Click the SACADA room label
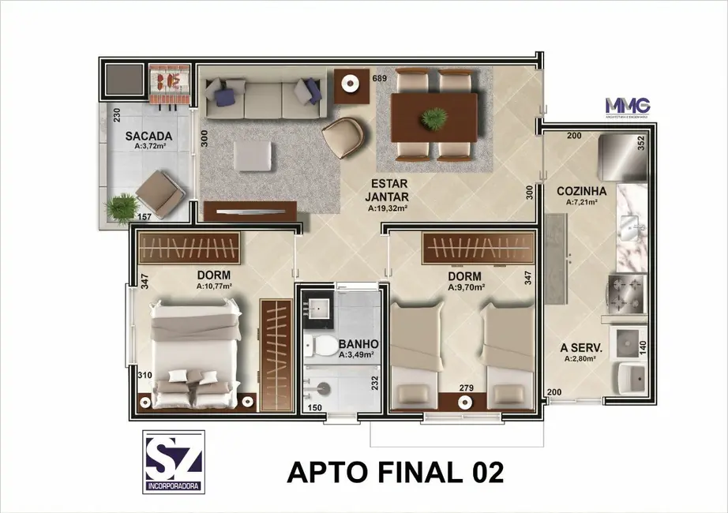[148, 136]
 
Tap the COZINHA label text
[581, 191]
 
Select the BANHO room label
[358, 344]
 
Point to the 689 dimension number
[379, 78]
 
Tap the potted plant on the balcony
[121, 208]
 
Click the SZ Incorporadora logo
[174, 462]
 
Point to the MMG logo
[627, 106]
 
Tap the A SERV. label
[581, 347]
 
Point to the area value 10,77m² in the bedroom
[214, 287]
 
